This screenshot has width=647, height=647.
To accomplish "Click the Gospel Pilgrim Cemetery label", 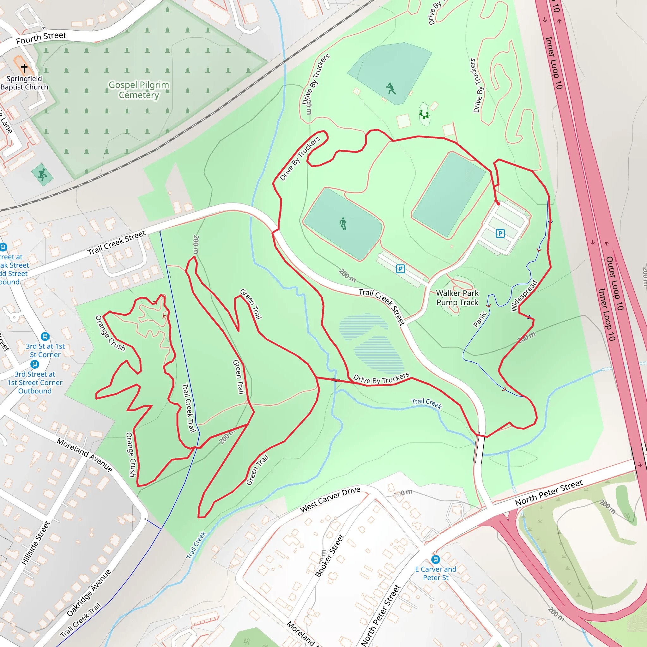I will pyautogui.click(x=139, y=90).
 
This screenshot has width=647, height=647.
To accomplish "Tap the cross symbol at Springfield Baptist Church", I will pyautogui.click(x=24, y=68).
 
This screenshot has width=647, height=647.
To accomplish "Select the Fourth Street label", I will pyautogui.click(x=41, y=38).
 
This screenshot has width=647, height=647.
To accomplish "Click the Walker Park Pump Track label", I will pyautogui.click(x=457, y=298).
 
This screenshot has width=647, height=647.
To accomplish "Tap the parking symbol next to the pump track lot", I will pyautogui.click(x=400, y=269).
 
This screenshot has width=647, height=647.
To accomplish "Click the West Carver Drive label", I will pyautogui.click(x=330, y=499).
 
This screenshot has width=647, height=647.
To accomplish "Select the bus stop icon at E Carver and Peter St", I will pyautogui.click(x=435, y=559).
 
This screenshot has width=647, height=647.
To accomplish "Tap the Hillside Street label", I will pyautogui.click(x=35, y=543).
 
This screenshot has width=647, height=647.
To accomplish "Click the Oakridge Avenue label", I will pyautogui.click(x=88, y=593).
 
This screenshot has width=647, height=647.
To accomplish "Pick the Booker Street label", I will pyautogui.click(x=330, y=556).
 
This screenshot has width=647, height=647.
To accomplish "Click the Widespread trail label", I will pyautogui.click(x=524, y=295).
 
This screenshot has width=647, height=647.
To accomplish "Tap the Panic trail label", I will pyautogui.click(x=480, y=319).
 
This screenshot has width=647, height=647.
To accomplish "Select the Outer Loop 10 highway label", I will pyautogui.click(x=615, y=283).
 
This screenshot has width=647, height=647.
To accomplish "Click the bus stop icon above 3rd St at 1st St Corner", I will pyautogui.click(x=45, y=336).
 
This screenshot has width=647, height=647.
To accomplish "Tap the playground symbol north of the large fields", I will pyautogui.click(x=424, y=115).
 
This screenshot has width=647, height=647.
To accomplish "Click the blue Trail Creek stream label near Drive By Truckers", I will pyautogui.click(x=426, y=403).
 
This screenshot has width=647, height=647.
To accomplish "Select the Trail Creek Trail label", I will pyautogui.click(x=189, y=408).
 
